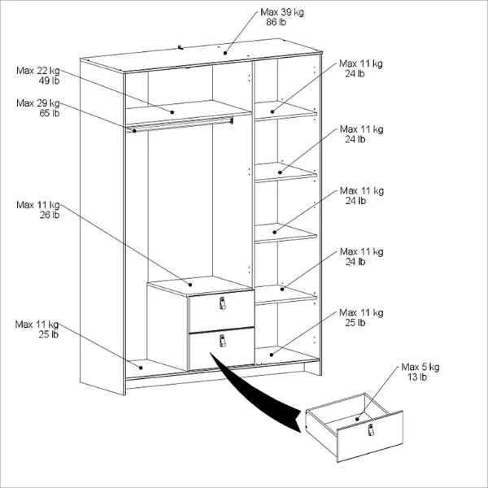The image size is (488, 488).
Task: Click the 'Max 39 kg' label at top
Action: [x=282, y=12]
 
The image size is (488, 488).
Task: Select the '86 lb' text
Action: [x=276, y=22]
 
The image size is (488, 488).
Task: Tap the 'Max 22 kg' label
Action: [x=38, y=71]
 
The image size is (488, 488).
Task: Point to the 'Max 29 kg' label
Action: [x=38, y=103]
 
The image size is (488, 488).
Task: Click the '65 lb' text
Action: [x=49, y=113]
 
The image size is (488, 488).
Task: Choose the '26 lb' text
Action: [x=49, y=215]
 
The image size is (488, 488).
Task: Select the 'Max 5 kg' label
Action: [x=420, y=367]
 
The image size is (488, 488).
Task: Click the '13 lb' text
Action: [x=417, y=377]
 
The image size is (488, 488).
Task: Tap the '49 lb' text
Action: [x=49, y=81]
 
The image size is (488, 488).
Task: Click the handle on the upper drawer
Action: [x=222, y=303]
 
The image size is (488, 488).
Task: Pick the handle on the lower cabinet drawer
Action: [x=222, y=341]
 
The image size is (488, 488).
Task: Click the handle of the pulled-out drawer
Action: [x=371, y=429]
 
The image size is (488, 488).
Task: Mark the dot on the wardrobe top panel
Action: [x=225, y=53]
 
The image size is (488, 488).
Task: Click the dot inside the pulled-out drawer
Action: [x=357, y=419]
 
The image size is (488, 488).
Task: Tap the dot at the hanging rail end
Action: [x=134, y=131]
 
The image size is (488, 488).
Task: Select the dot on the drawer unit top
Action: [x=190, y=285]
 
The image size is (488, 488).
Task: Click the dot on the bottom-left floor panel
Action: [x=141, y=368]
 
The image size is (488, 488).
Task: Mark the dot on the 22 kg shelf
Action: [x=172, y=112]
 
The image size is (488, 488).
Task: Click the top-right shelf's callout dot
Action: [x=272, y=111]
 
